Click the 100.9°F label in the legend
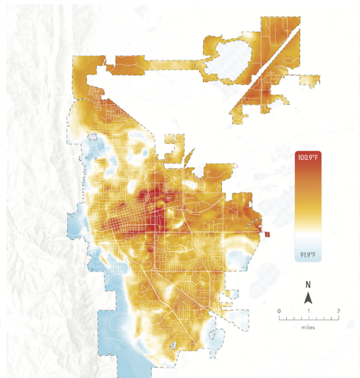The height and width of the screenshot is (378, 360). [x=308, y=158]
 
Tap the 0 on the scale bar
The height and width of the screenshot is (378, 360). [x=279, y=311]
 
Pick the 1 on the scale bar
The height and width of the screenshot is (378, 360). [x=308, y=311]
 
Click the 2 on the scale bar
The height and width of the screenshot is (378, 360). [x=338, y=311]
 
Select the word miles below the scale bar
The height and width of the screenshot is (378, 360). [x=308, y=326]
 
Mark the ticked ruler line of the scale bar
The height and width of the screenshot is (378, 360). [x=308, y=317]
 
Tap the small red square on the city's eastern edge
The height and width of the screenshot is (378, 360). [x=266, y=235]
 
